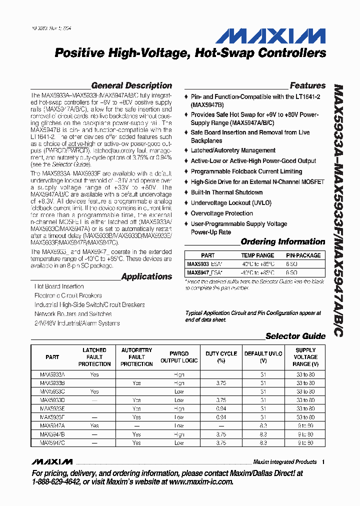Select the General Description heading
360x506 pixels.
pos(131,85)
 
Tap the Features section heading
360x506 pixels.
pos(307,85)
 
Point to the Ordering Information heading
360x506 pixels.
pos(283,241)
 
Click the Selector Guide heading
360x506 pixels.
pos(295,336)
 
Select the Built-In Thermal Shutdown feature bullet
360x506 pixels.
pos(226,192)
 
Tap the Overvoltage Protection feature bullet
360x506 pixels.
pos(221,213)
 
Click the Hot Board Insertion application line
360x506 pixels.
pos(59,286)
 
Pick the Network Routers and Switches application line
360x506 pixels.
pos(73,314)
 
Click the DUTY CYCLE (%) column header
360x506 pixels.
pos(221,357)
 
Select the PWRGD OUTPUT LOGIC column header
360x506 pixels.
pos(179,357)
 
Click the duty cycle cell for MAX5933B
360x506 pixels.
pos(221,383)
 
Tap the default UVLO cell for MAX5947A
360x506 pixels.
pos(263,425)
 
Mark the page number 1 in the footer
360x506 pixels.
pos(323,462)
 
